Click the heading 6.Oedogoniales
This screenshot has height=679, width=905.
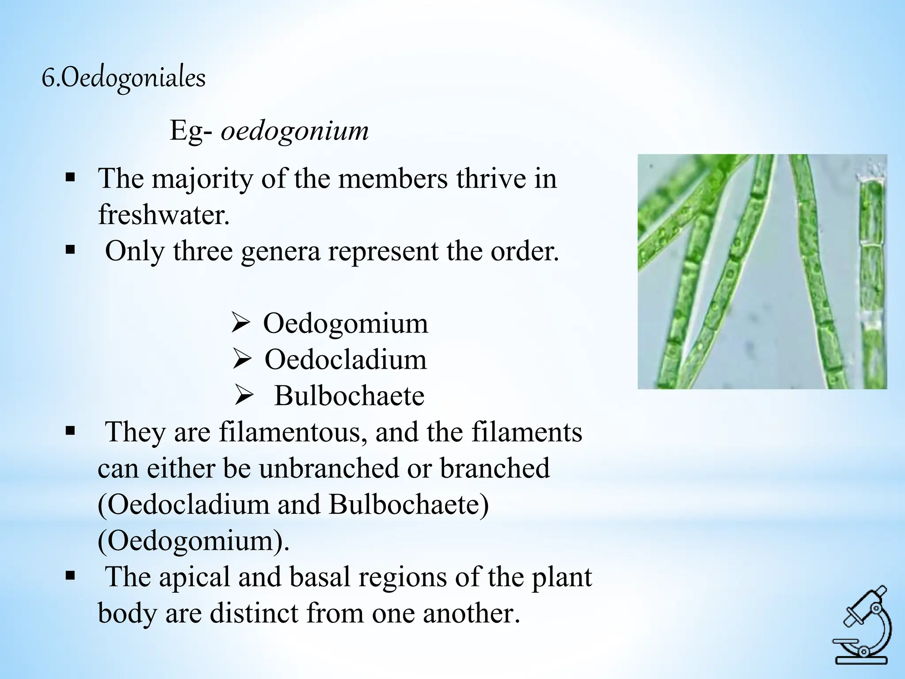click(x=124, y=78)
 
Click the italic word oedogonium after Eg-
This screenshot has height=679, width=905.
click(x=295, y=131)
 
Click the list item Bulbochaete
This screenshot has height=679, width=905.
click(x=349, y=395)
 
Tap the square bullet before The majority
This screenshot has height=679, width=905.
click(x=70, y=179)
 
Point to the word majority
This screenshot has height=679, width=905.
click(x=202, y=179)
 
